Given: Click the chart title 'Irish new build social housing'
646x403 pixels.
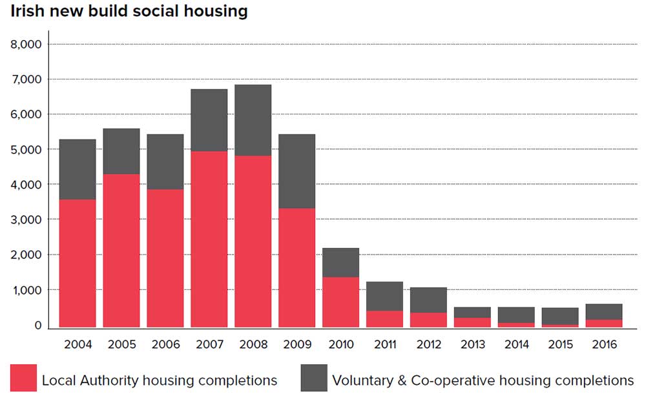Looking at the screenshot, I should pyautogui.click(x=129, y=11).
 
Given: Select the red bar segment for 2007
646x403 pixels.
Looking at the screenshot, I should pyautogui.click(x=209, y=239).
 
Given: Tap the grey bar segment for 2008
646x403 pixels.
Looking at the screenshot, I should pyautogui.click(x=253, y=120).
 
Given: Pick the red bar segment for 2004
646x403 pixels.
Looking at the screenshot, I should pyautogui.click(x=77, y=263).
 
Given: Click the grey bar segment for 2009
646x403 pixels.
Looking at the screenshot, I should pyautogui.click(x=297, y=171).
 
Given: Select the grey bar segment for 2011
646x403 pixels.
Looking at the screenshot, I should pyautogui.click(x=384, y=296).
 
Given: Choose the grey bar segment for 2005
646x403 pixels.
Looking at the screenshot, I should pyautogui.click(x=121, y=151).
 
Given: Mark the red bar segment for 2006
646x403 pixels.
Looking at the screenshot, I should pyautogui.click(x=165, y=258).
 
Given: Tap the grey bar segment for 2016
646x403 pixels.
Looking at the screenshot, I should pyautogui.click(x=604, y=312).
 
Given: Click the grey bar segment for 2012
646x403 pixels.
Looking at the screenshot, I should pyautogui.click(x=428, y=300).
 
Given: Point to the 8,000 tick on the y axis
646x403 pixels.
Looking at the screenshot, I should pyautogui.click(x=26, y=45).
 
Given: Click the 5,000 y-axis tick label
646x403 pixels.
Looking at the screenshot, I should pyautogui.click(x=26, y=150).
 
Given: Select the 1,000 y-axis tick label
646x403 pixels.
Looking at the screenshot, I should pyautogui.click(x=26, y=291).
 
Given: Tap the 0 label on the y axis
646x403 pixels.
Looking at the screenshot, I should pyautogui.click(x=37, y=325).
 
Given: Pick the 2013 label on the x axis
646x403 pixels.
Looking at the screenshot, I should pyautogui.click(x=472, y=344).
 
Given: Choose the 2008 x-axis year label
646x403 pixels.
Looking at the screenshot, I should pyautogui.click(x=253, y=344).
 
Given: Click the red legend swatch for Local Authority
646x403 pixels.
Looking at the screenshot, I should pyautogui.click(x=23, y=378).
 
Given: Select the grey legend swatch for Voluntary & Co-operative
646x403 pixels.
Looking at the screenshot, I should pyautogui.click(x=313, y=378).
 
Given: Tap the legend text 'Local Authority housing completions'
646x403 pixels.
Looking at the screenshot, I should pyautogui.click(x=160, y=380).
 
